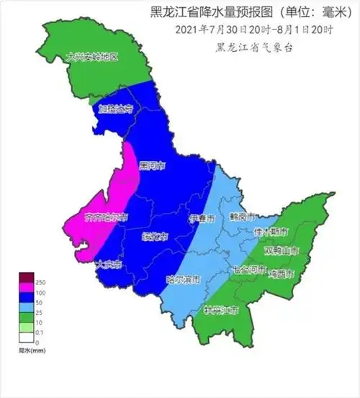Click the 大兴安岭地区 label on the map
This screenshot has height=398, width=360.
(91, 56)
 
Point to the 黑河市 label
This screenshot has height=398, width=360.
(151, 166)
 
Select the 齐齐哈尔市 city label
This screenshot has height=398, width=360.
(106, 216)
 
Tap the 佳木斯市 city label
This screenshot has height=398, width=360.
(271, 232)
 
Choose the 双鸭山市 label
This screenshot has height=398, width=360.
(282, 250)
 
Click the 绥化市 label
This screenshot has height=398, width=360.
(154, 235)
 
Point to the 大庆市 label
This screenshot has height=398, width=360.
(108, 265)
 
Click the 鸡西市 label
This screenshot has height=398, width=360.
(282, 273)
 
